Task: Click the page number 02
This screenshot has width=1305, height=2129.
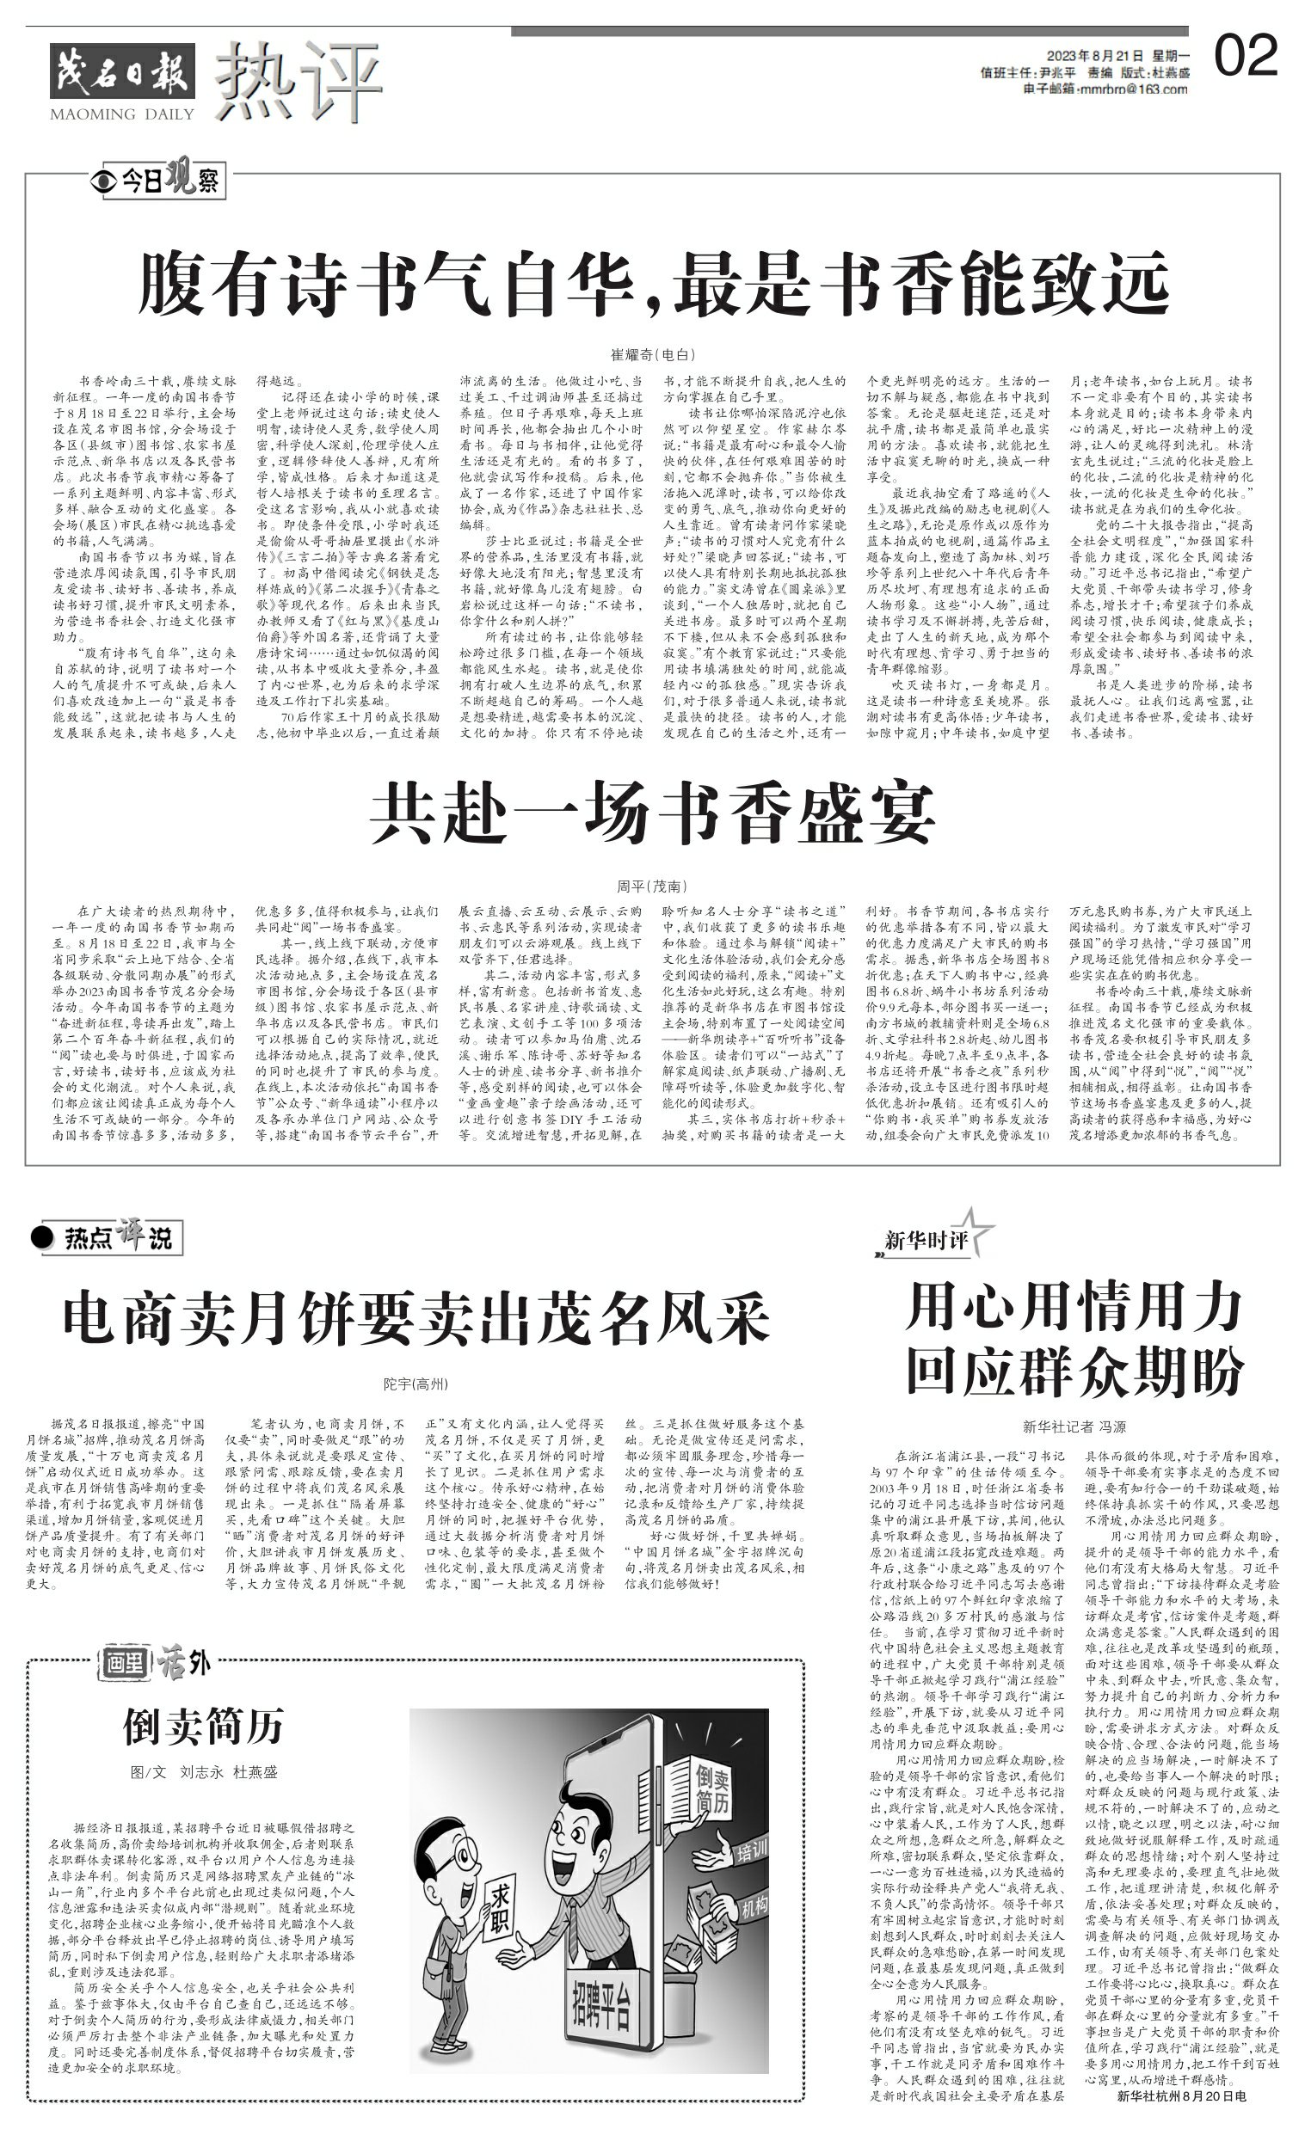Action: coord(1246,56)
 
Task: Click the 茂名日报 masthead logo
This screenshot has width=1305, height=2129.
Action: coord(122,71)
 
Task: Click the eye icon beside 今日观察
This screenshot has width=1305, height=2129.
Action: coord(104,181)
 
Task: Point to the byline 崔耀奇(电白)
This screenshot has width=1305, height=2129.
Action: coord(652,354)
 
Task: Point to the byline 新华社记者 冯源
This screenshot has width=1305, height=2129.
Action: coord(1074,1426)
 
